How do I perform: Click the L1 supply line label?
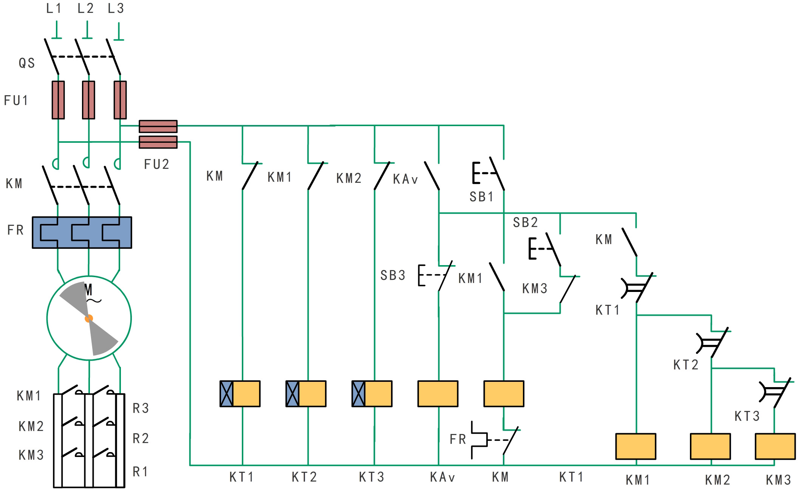54,8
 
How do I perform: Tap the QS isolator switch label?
27,63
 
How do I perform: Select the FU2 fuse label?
156,164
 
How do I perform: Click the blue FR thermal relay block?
82,232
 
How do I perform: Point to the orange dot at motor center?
89,318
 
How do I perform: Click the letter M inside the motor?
88,290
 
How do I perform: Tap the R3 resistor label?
141,408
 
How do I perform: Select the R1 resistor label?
140,472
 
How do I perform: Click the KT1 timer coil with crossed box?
240,394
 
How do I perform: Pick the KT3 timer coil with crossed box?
372,394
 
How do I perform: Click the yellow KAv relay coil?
438,394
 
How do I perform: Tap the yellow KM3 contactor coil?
775,446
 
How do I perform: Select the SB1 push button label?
481,197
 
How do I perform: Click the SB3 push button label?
393,276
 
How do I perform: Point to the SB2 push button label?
525,222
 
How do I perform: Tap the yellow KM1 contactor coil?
636,446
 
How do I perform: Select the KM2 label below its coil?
717,480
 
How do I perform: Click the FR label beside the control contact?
458,439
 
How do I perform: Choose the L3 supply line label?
116,8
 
